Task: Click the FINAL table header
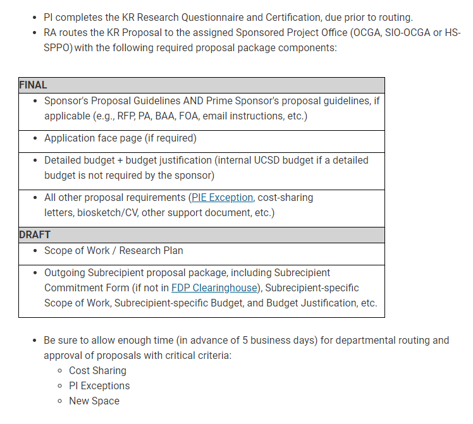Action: point(34,85)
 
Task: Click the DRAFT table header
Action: point(35,234)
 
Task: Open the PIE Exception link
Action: point(222,198)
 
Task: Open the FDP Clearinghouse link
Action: point(214,288)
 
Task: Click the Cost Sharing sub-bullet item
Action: point(97,371)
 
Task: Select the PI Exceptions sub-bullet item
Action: point(99,386)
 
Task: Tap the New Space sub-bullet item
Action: point(94,401)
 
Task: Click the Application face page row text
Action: point(120,138)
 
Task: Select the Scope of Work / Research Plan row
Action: point(114,250)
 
